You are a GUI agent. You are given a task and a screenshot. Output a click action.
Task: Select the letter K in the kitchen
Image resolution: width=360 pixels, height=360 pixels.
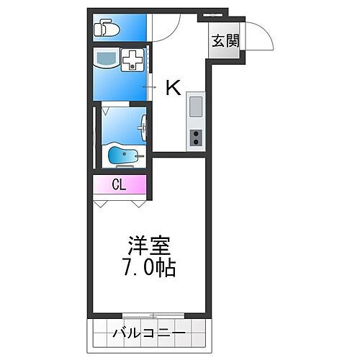click(x=174, y=87)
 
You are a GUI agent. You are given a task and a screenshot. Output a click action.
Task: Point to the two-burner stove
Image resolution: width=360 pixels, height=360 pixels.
click(x=195, y=138)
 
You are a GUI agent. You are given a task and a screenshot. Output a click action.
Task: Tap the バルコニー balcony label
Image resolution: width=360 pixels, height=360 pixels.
click(x=149, y=333)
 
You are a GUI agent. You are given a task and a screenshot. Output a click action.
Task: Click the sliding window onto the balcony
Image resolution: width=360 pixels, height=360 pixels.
click(x=152, y=315)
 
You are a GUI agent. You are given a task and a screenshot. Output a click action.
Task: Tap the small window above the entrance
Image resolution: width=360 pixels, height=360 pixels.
click(x=213, y=14)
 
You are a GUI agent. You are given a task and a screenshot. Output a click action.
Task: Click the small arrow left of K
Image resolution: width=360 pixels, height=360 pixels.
click(x=149, y=87)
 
